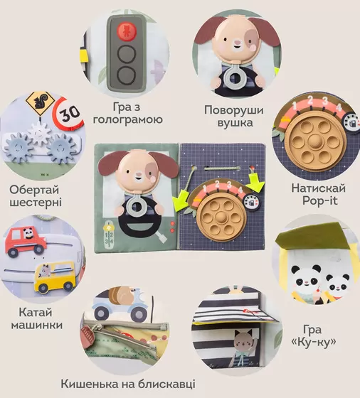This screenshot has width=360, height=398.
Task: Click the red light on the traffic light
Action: tap(127, 31)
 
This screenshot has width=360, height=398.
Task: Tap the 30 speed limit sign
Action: tap(68, 114)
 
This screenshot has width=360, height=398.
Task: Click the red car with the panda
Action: tap(25, 241)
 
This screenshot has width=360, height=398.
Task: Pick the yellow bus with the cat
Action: tap(55, 276)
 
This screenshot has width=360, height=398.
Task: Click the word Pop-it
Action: tap(319, 200)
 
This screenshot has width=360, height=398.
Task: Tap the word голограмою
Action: tap(128, 119)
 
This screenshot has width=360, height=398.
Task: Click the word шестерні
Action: tap(36, 203)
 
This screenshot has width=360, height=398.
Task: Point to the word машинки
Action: tap(37, 325)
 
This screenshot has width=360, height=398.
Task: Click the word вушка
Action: tap(235, 122)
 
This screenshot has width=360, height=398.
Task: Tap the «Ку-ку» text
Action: tap(313, 342)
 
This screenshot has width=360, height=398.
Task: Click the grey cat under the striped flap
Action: tap(243, 342)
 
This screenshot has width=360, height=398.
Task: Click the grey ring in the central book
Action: tap(137, 206)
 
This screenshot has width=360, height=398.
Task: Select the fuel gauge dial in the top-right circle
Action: tap(351, 123)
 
